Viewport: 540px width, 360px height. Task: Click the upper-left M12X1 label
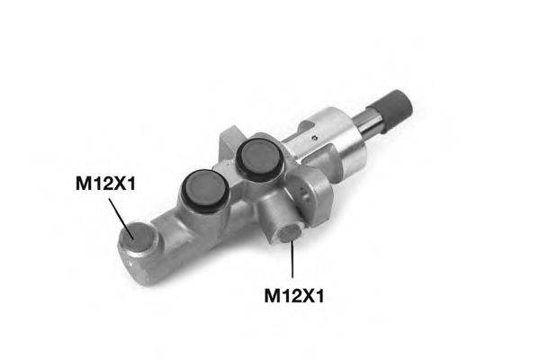coord(105,184)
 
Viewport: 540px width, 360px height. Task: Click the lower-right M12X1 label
coord(294,295)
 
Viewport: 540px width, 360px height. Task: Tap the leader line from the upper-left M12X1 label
coord(121,219)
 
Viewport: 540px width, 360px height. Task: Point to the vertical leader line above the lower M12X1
coord(292,259)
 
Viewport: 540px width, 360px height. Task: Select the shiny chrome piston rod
coord(370,121)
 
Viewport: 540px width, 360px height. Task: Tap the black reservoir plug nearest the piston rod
coord(260,158)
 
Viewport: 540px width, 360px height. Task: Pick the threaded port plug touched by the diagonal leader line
coord(139,238)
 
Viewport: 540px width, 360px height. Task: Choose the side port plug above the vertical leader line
coord(291,233)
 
